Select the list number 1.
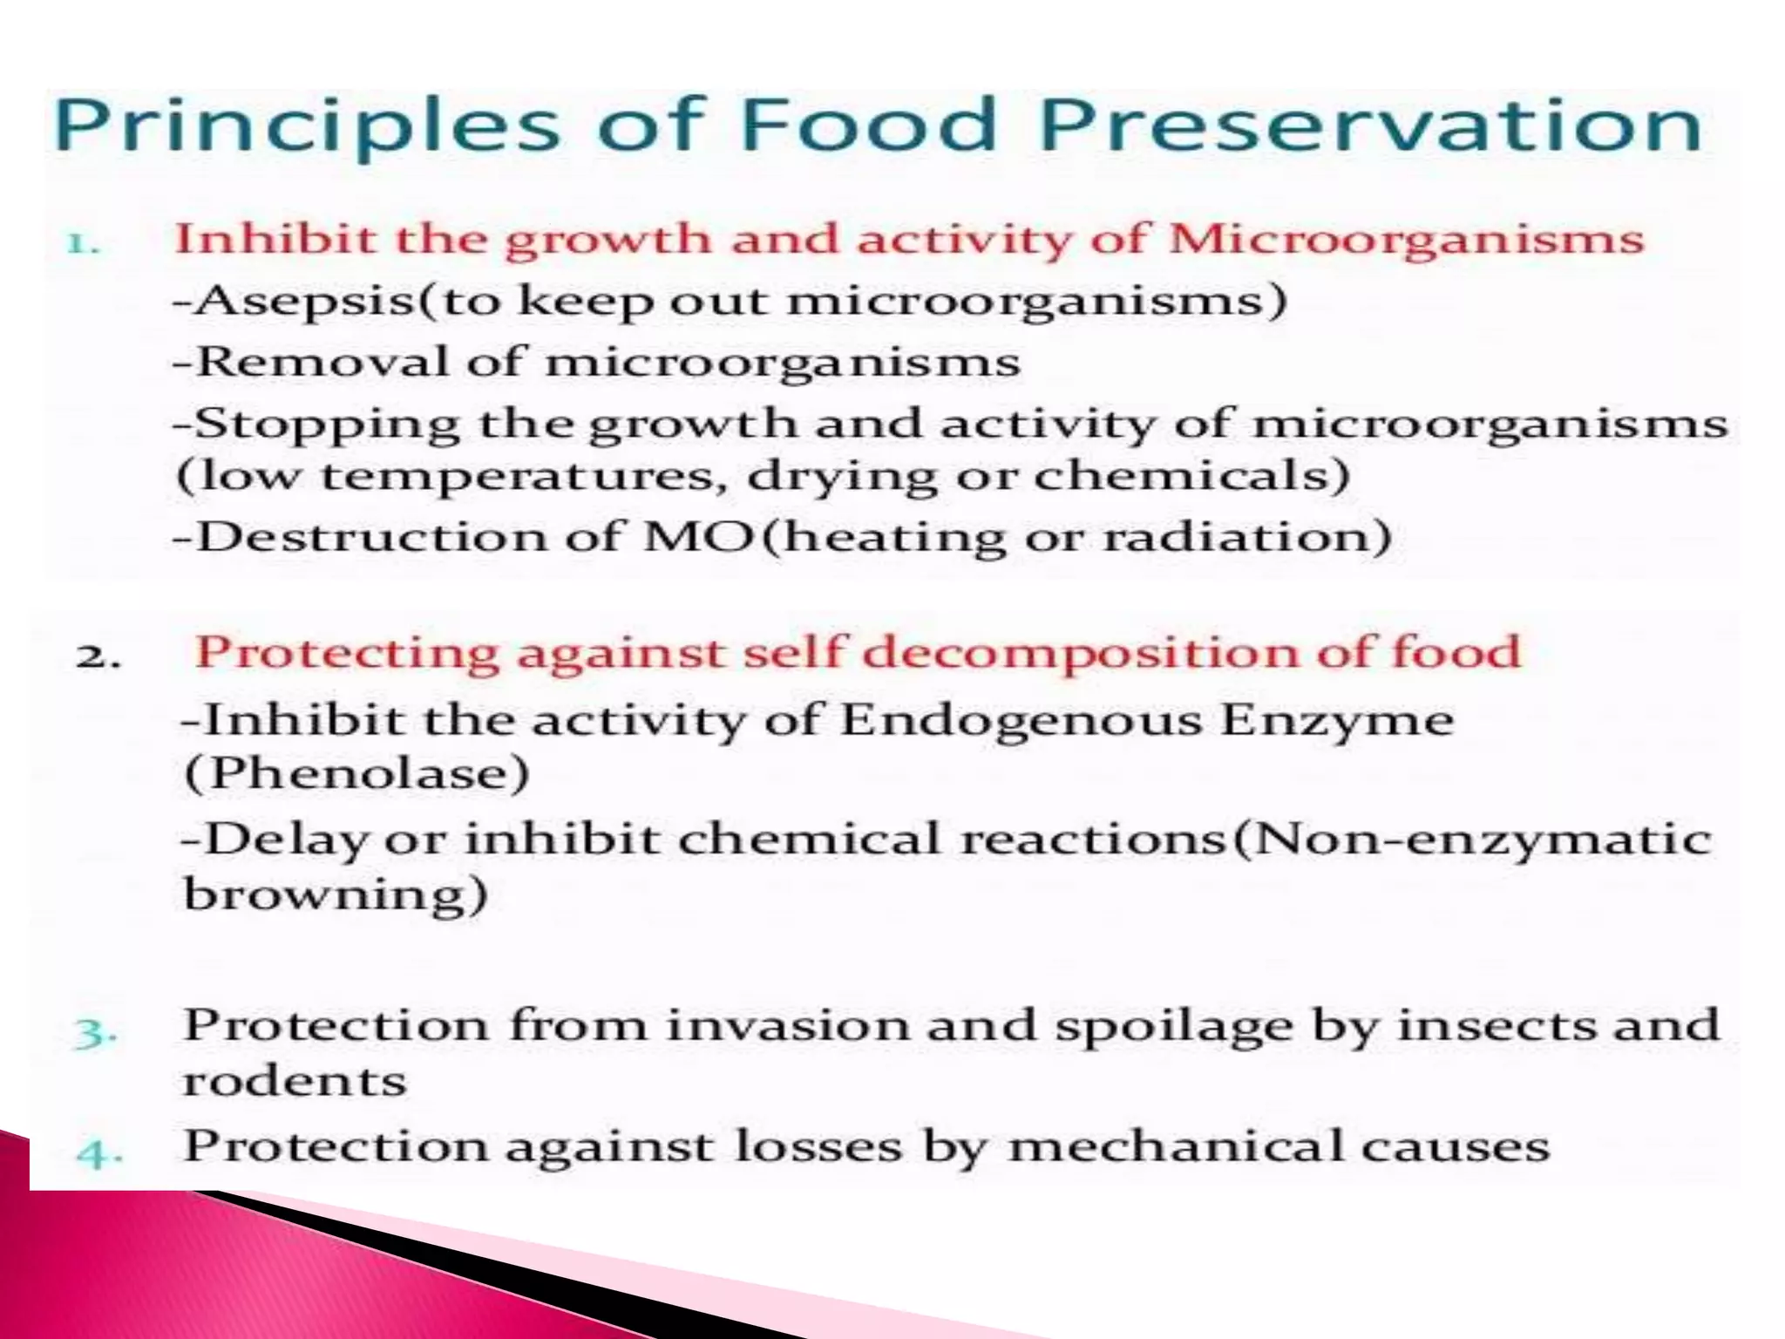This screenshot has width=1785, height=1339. (83, 243)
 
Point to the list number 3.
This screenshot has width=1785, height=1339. (95, 1034)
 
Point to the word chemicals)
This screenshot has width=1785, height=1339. (1191, 476)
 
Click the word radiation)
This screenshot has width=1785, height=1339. (1247, 537)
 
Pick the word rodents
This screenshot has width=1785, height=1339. (295, 1083)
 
